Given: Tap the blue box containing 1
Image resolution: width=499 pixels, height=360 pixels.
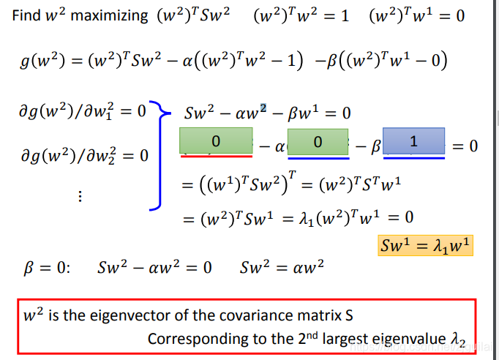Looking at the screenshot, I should pos(413,141).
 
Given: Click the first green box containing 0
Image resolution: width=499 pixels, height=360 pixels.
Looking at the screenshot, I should pos(217,140).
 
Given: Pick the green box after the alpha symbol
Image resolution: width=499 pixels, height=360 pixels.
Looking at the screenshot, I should pos(318,141).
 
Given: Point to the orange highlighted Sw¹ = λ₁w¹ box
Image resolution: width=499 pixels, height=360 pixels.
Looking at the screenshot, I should pos(425,245).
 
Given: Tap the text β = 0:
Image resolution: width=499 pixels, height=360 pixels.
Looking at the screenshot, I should pos(45,266).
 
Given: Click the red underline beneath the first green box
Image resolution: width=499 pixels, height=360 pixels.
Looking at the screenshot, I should pos(216,155).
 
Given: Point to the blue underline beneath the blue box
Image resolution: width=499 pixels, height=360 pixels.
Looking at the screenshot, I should pos(413,157).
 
